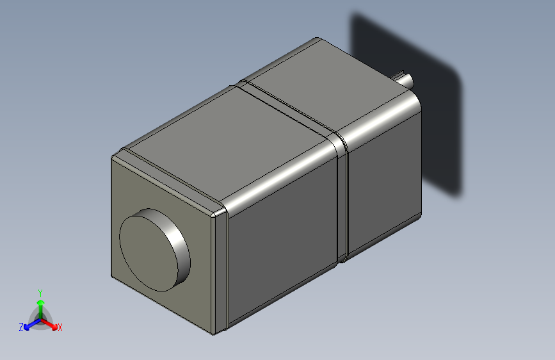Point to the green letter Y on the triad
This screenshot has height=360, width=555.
click(x=40, y=291)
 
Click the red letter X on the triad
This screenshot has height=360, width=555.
click(x=60, y=328)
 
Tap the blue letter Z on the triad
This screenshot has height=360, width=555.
click(x=21, y=327)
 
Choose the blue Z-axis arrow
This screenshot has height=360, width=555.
click(x=29, y=324)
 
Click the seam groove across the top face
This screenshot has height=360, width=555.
click(x=288, y=108)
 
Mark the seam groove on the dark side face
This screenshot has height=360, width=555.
click(x=341, y=199)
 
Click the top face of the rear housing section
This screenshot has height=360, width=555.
click(x=333, y=83)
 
